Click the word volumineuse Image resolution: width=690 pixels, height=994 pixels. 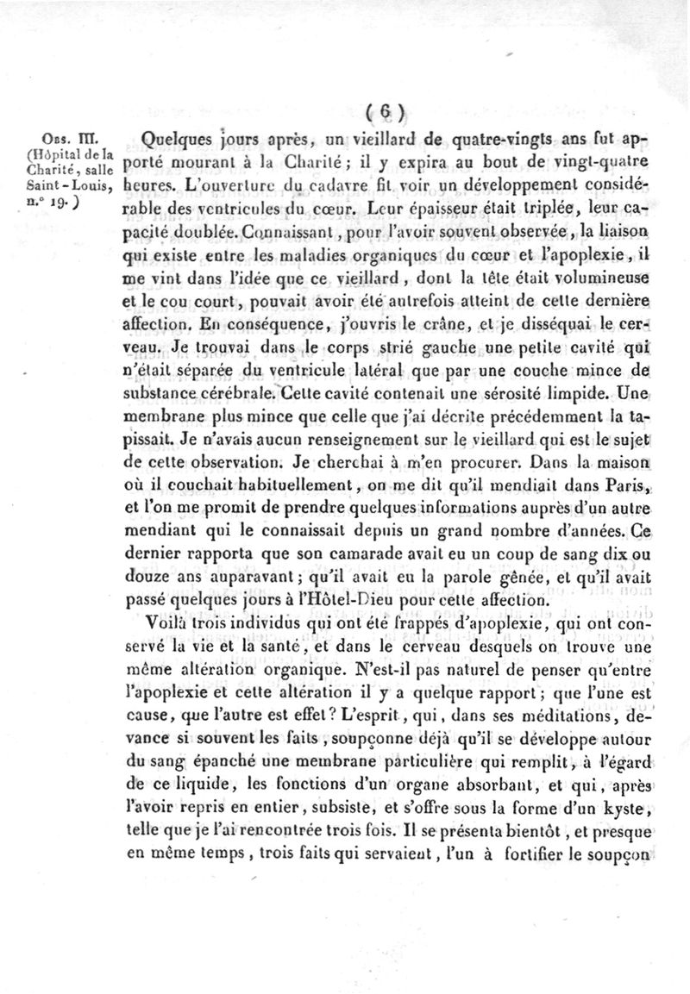tap(595, 278)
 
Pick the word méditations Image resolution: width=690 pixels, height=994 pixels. tap(580, 715)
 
